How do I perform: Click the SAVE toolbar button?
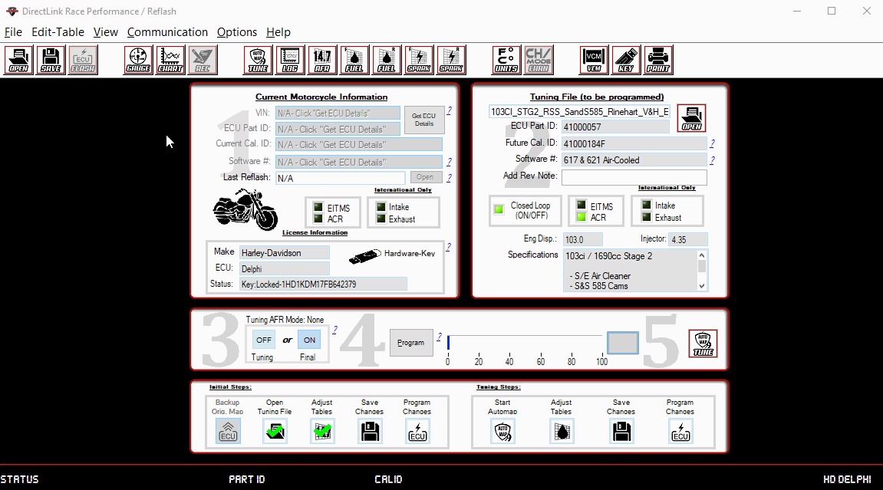coord(51,60)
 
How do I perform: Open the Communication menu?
coord(167,32)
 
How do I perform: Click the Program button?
coord(410,343)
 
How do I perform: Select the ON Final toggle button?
coord(309,340)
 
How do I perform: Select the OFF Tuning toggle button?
coord(264,340)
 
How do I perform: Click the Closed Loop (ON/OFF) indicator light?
coord(499,209)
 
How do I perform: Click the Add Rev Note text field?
coord(634,177)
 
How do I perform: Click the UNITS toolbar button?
coord(506,60)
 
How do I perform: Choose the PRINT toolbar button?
coord(658,60)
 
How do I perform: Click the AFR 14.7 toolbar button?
coord(322,60)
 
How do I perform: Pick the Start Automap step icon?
coord(502,431)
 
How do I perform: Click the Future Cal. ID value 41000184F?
coord(634,143)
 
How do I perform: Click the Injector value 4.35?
coord(687,239)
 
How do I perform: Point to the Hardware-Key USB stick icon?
coord(364,255)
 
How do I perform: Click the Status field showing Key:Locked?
coord(322,284)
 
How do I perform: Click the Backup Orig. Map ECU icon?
coord(228,431)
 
